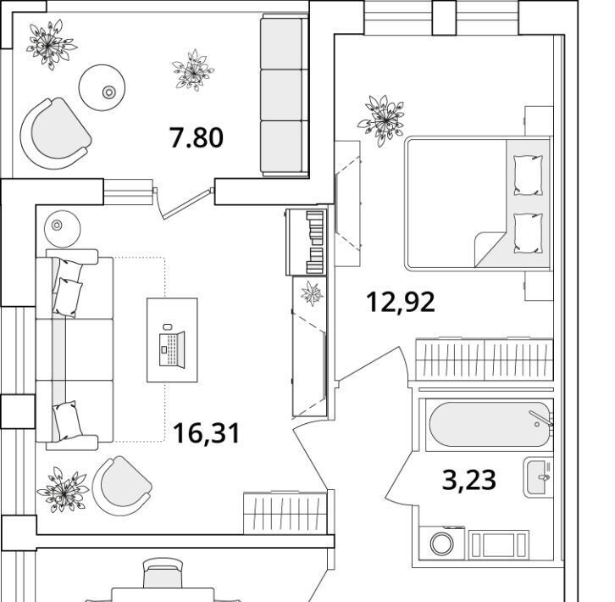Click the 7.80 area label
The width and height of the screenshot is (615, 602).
197,137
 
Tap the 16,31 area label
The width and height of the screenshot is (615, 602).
207,433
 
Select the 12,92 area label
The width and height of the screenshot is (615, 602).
401,302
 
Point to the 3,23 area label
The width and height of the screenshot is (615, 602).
468,480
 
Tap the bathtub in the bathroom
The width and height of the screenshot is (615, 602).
490,425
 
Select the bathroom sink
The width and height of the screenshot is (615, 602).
538,477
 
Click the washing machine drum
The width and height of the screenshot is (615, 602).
442,543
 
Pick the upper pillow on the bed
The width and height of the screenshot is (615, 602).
529,175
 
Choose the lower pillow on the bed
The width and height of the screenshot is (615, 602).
529,233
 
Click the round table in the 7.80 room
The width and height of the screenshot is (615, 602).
102,87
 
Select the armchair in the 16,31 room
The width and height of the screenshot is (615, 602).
122,486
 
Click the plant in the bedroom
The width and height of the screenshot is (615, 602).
381,120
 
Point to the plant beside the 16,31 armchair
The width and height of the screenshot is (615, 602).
63,490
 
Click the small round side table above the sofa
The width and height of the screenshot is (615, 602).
63,229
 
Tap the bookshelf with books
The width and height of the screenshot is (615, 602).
307,242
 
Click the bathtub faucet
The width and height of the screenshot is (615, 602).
541,418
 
